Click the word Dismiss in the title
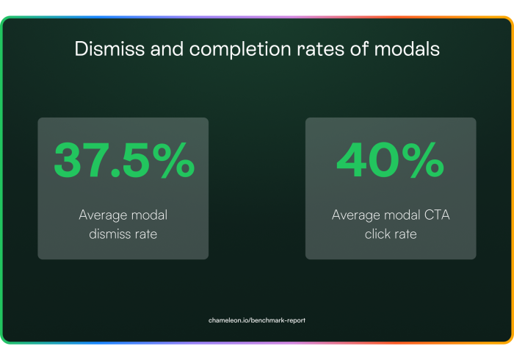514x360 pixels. point(109,48)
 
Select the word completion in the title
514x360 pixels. point(240,50)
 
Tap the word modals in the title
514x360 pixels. point(407,48)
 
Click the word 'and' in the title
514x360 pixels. point(167,48)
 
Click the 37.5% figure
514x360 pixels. point(124,160)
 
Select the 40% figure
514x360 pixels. point(391,160)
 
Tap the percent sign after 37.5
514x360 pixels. point(174,160)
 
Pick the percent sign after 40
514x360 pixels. point(423,160)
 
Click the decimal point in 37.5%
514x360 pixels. point(115,173)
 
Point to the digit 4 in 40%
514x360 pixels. point(352,160)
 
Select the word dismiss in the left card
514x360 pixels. point(109,234)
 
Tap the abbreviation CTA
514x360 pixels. point(437,215)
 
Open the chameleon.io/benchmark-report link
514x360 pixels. point(257,320)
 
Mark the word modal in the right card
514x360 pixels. point(402,215)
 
